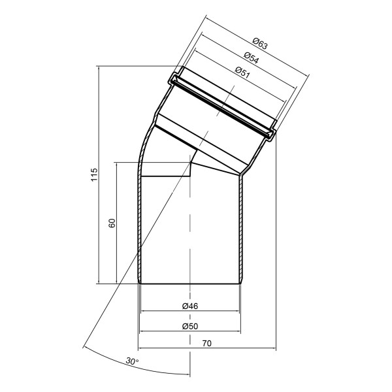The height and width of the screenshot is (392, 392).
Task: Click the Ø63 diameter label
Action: (260, 43)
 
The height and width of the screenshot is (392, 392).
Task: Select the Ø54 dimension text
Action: (252, 57)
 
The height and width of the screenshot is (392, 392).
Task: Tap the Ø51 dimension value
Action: (243, 73)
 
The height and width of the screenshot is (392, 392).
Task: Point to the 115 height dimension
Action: (93, 174)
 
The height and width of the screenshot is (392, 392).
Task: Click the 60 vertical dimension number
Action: (112, 223)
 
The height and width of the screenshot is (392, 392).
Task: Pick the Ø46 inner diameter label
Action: (190, 306)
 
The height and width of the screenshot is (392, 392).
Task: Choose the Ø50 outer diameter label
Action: (190, 326)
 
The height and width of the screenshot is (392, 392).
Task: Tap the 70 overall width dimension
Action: (207, 344)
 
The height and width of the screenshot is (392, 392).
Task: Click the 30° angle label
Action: (132, 361)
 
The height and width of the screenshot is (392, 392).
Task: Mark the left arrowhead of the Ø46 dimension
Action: (144, 311)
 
